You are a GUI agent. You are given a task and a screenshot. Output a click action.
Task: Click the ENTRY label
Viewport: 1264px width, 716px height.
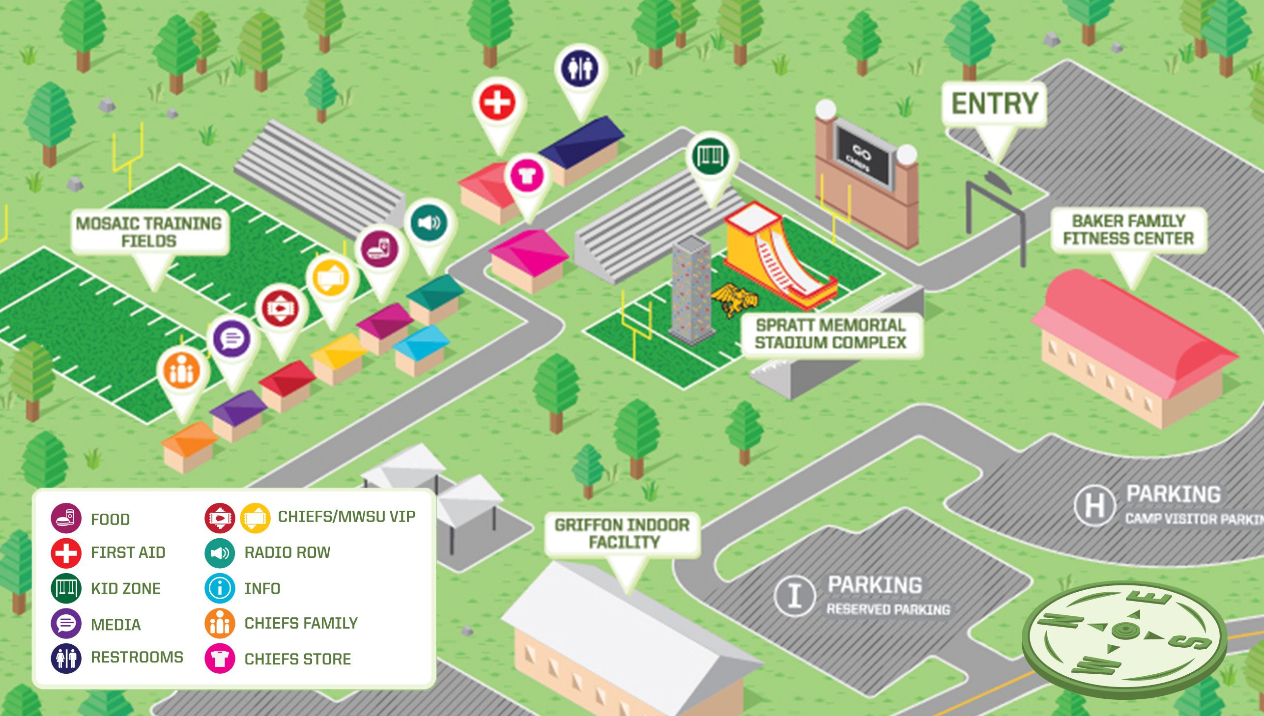tap(994, 104)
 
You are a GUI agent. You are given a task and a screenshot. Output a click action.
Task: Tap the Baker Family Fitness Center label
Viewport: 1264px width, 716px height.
tap(1128, 230)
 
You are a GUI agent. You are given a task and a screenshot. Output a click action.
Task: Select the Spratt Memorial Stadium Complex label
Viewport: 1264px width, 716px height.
tap(831, 334)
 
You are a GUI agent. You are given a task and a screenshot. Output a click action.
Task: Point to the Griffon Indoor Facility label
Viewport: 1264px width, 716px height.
tap(622, 533)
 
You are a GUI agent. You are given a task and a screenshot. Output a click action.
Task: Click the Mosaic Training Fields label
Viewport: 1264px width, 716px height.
tap(149, 232)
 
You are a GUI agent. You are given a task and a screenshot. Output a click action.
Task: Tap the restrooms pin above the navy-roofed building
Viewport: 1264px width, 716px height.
tap(580, 69)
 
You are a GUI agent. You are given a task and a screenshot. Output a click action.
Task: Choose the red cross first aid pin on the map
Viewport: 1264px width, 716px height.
tap(497, 103)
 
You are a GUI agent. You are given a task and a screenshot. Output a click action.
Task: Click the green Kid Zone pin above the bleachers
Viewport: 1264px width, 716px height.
tap(710, 156)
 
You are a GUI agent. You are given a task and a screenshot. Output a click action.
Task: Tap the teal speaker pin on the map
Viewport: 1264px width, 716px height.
tap(429, 223)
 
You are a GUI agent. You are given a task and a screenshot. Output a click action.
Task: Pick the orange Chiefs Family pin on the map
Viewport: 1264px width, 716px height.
tap(181, 370)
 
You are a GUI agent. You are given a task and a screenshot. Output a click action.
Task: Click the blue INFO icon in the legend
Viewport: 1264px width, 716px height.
tap(220, 588)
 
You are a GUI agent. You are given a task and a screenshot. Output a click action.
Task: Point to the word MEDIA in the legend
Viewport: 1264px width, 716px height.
tap(115, 625)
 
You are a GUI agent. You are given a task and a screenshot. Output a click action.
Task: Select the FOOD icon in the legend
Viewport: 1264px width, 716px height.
tap(66, 518)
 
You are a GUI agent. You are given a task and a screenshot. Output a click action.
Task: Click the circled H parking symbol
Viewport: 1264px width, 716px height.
tap(1094, 504)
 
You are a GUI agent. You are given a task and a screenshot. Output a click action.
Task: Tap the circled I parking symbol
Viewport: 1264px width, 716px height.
tap(795, 595)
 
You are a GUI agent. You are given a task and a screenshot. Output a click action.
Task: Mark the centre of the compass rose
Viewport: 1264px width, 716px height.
tap(1124, 629)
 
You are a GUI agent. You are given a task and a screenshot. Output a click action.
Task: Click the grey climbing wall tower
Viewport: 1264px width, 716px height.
tap(691, 290)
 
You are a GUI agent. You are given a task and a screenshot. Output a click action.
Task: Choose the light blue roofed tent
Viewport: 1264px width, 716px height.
tap(422, 349)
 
